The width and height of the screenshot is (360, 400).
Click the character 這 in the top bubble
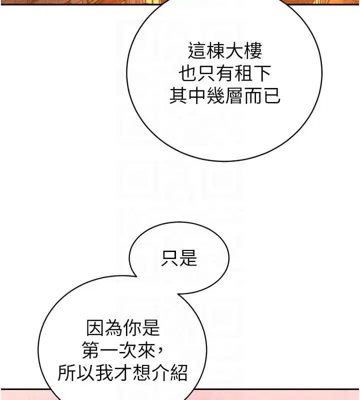coord(197,51)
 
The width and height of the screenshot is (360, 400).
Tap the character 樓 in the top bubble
coord(253,51)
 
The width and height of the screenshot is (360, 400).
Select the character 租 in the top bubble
coord(243,73)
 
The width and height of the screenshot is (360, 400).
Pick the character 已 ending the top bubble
coord(271,95)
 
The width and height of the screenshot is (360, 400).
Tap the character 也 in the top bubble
coord(187,73)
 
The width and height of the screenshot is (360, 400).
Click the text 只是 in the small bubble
coord(179,258)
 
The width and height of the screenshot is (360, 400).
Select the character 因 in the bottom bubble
coord(95,328)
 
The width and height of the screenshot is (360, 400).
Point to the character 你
coord(132,328)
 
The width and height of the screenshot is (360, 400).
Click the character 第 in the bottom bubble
coord(91,350)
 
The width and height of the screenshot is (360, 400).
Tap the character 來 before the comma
coord(146,350)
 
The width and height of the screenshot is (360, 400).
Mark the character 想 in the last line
coord(141,373)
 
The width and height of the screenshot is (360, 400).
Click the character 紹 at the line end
coord(179,373)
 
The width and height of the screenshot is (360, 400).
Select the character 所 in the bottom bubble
coord(67,373)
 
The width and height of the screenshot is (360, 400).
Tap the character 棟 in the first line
coord(215,51)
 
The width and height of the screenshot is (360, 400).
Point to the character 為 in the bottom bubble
coord(114,328)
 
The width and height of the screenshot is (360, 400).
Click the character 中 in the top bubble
coord(196,95)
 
